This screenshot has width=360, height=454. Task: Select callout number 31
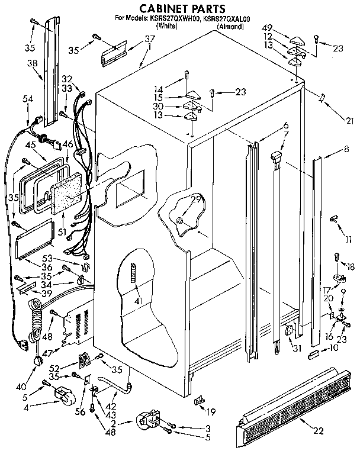(296, 348)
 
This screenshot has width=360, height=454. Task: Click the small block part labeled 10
(314, 354)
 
